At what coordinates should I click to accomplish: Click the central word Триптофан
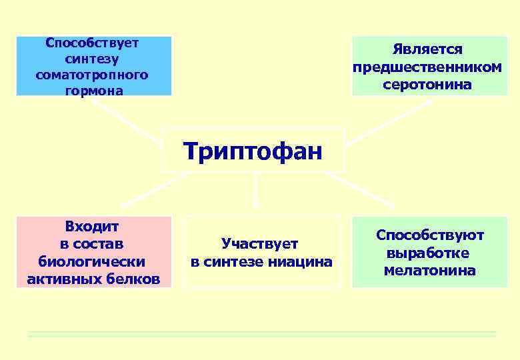253,150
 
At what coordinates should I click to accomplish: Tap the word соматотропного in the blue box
92,74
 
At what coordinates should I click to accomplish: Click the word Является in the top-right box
427,50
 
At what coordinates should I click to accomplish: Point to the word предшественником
427,67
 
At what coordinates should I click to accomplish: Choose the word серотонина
427,85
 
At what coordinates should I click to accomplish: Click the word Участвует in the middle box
260,244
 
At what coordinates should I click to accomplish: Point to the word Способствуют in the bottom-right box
430,235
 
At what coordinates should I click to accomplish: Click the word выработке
430,253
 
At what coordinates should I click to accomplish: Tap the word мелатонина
430,271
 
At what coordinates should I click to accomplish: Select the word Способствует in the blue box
92,43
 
